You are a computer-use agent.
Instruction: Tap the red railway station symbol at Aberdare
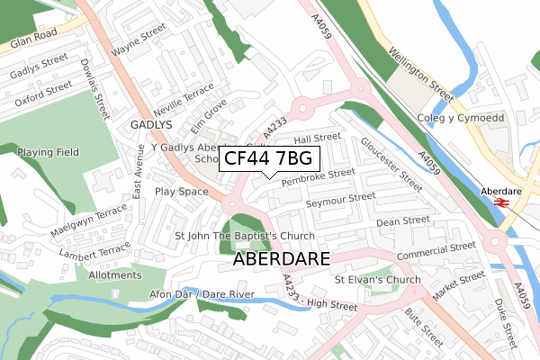click(x=501, y=203)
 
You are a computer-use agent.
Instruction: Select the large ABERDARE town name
click(x=282, y=258)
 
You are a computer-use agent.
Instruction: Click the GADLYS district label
click(x=150, y=125)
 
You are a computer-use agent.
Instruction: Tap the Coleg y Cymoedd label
click(x=460, y=119)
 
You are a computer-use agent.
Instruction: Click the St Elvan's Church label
click(x=377, y=280)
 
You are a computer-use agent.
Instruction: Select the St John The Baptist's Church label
click(x=232, y=236)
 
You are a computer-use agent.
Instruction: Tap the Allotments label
click(x=115, y=274)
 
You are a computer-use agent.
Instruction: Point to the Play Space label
click(x=181, y=192)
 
